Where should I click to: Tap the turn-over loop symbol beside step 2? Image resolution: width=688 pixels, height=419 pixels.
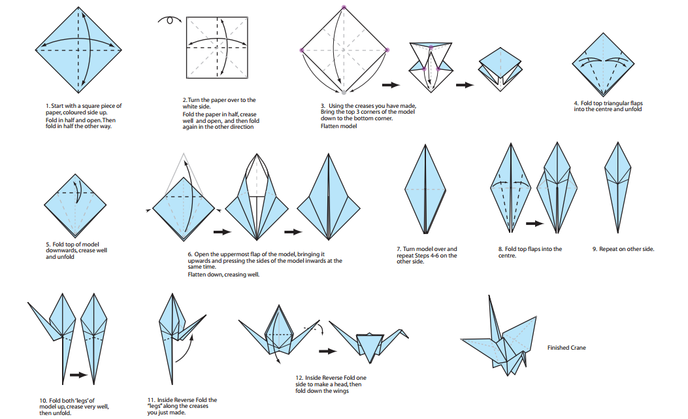click(x=171, y=20)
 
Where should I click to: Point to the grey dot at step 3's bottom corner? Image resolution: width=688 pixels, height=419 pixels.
click(x=344, y=92)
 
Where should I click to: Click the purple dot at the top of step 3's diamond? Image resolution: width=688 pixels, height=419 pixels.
click(x=344, y=8)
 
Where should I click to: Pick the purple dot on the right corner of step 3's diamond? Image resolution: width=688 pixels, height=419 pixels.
click(x=387, y=50)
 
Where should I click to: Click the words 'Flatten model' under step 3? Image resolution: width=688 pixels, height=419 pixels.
click(x=338, y=126)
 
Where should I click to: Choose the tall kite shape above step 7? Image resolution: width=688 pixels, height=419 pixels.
click(x=425, y=190)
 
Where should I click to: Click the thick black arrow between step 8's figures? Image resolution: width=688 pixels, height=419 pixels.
click(x=534, y=224)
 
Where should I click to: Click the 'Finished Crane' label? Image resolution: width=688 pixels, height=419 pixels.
click(x=566, y=348)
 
